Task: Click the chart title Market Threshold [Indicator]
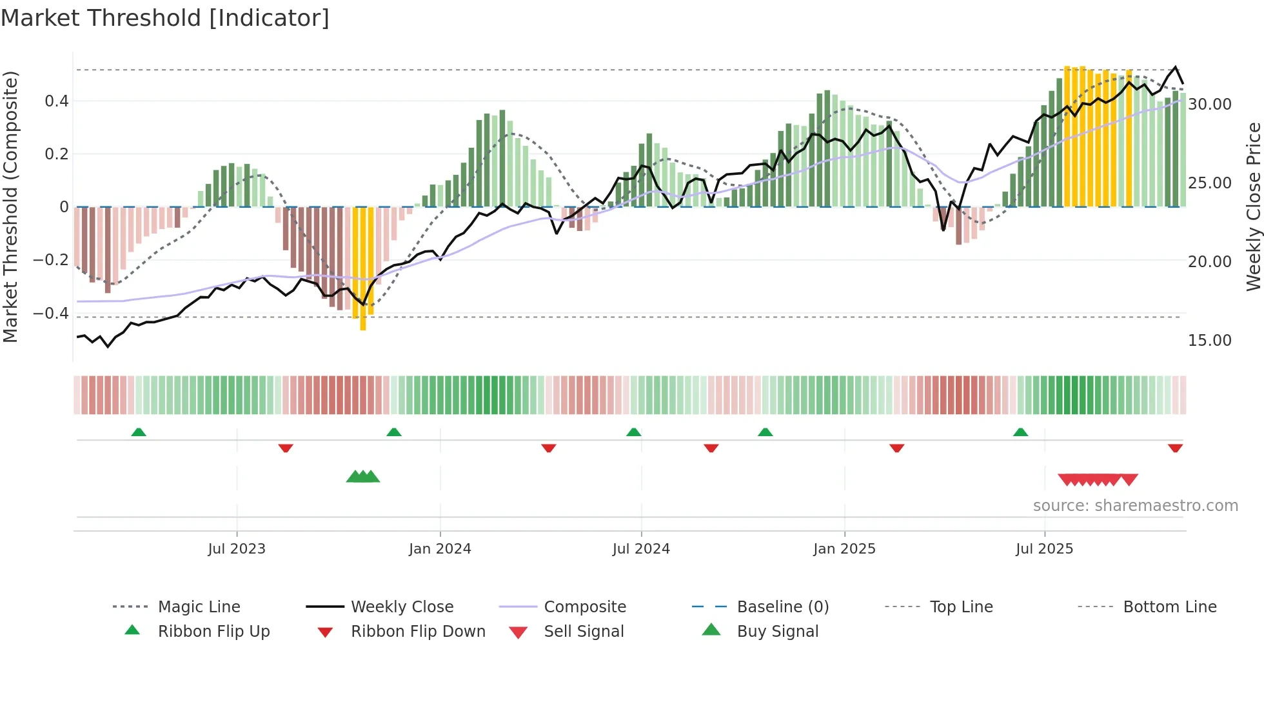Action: [165, 18]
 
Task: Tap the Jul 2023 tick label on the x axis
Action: [237, 549]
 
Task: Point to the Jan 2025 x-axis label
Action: [844, 549]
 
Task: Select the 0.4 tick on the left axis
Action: [57, 101]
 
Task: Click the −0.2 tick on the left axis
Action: [51, 260]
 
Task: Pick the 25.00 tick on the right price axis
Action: [1209, 183]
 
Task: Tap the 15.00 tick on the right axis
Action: [1209, 340]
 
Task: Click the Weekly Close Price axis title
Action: [1253, 206]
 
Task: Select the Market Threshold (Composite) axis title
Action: [10, 206]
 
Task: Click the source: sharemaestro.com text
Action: [1135, 506]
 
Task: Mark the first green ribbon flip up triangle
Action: [139, 432]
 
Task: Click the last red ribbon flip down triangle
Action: [1175, 448]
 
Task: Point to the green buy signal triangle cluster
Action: [363, 477]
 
